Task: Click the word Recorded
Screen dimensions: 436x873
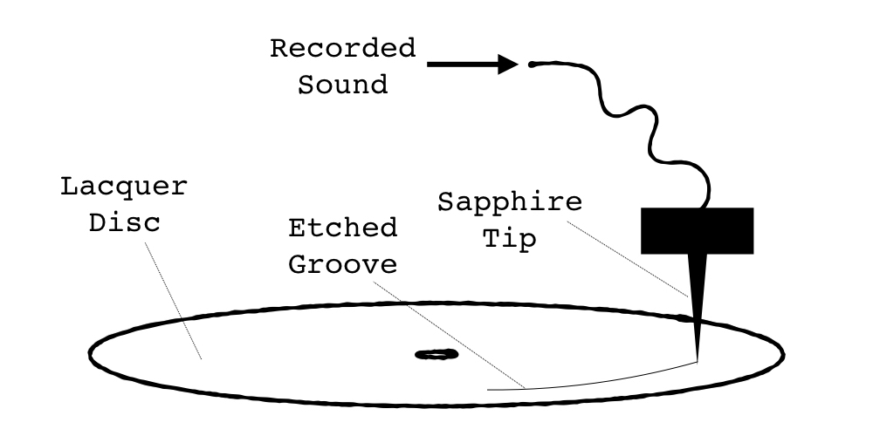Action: (343, 49)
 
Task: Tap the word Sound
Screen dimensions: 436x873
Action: (343, 85)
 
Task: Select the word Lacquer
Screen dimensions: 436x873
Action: (124, 187)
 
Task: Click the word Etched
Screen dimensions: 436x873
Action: (343, 228)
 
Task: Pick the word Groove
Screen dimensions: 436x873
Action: (343, 264)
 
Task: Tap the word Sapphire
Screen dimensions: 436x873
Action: (510, 202)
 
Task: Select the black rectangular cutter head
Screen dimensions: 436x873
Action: (697, 230)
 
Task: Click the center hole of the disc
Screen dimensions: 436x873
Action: (436, 354)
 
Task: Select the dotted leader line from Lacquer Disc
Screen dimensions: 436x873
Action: (172, 296)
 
